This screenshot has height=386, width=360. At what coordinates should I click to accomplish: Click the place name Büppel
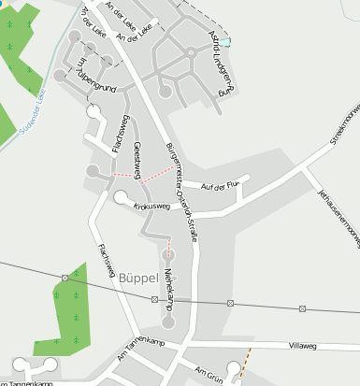point(139,277)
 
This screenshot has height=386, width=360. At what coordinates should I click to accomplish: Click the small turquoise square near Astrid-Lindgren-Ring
point(223,41)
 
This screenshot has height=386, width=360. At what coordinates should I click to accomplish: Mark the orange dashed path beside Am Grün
point(245,363)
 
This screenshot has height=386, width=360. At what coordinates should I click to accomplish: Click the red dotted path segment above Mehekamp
point(168,250)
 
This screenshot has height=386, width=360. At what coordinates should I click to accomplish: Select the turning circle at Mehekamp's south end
point(168,322)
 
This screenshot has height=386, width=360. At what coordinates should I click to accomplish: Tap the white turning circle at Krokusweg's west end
point(121,198)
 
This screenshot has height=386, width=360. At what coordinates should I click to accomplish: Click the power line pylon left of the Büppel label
point(65,278)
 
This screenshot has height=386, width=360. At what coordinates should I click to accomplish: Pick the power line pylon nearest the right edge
point(303,307)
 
